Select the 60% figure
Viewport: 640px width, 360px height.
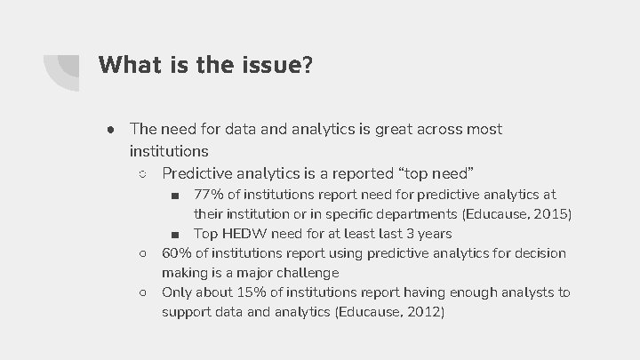(x=176, y=253)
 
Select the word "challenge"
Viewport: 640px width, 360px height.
(x=308, y=273)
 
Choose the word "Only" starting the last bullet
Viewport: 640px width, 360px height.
(x=178, y=292)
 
